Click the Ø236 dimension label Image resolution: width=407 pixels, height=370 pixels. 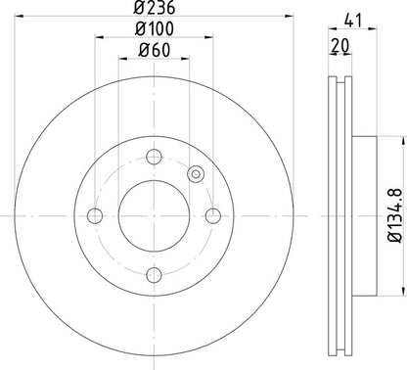[155, 8]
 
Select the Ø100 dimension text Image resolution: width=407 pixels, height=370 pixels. [155, 29]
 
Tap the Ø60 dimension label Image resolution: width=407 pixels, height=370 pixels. [155, 51]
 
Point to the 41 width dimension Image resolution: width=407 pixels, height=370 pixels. [353, 22]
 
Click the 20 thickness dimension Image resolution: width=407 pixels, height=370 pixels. [340, 46]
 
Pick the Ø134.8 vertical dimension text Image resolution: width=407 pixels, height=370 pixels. [395, 215]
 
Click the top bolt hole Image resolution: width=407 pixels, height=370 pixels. [154, 157]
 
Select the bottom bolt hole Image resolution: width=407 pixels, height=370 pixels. [154, 275]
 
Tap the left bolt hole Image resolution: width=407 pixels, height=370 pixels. [95, 216]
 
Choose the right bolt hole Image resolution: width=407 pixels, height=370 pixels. [213, 216]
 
